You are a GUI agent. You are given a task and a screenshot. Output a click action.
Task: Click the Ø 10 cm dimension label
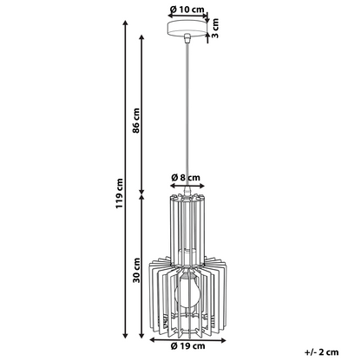click(187, 10)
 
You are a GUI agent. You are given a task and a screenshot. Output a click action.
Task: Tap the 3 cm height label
click(215, 28)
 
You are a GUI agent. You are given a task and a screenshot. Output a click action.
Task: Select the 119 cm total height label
click(119, 194)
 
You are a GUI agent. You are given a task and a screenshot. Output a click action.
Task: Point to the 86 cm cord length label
click(136, 121)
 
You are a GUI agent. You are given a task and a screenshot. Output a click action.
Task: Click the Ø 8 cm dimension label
click(186, 177)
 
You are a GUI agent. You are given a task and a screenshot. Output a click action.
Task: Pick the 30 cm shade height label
click(136, 270)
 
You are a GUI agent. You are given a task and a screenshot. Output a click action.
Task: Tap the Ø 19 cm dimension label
click(187, 345)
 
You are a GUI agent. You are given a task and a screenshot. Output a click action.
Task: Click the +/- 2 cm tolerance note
click(321, 352)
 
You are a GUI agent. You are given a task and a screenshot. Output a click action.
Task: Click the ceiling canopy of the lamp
click(187, 28)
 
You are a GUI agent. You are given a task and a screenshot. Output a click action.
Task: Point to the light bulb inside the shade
click(187, 292)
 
